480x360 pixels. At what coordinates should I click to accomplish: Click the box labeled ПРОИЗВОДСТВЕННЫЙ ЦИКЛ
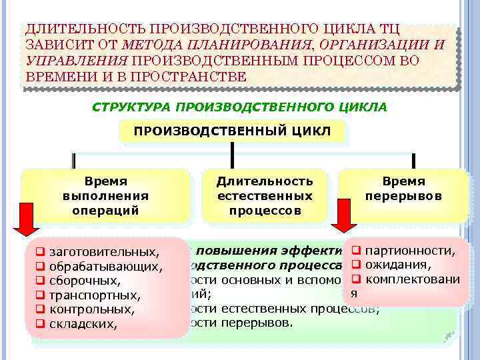tap(232, 131)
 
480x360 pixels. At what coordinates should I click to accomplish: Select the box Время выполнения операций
tap(105, 195)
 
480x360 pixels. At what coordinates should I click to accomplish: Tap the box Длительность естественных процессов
tap(265, 195)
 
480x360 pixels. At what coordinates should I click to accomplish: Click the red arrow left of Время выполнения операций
tap(27, 219)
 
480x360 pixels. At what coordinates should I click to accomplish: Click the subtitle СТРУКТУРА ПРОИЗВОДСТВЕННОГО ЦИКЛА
tap(239, 107)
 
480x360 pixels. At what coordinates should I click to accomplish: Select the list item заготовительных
tap(104, 252)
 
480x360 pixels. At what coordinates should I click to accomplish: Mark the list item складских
tap(83, 325)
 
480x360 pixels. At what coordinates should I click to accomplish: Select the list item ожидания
tap(397, 265)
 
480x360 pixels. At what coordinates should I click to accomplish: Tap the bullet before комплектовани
tap(356, 279)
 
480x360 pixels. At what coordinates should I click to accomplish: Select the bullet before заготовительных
tap(40, 252)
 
